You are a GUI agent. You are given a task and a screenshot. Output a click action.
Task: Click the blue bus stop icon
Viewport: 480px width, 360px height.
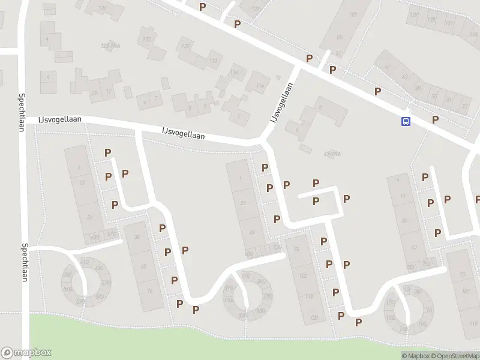click(x=406, y=121)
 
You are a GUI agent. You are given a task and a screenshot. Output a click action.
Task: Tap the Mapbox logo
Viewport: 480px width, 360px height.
click(x=26, y=353)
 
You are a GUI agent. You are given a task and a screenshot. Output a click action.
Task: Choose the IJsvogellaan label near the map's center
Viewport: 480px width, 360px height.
click(x=183, y=133)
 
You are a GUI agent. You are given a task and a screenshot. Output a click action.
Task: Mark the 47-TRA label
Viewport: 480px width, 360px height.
click(x=332, y=154)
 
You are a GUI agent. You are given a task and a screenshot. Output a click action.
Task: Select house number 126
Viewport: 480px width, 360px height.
click(x=103, y=8)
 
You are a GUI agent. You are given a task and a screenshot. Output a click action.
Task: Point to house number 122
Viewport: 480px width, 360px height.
click(x=145, y=39)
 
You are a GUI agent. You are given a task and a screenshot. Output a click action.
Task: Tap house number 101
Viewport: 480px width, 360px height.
click(x=340, y=37)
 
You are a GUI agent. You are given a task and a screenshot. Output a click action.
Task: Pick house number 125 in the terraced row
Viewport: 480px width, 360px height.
click(x=431, y=19)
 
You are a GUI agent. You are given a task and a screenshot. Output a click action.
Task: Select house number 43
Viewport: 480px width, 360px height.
click(x=404, y=76)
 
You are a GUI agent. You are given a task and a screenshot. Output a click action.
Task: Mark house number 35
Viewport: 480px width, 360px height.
click(x=434, y=96)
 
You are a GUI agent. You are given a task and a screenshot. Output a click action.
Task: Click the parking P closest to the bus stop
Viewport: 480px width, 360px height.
click(x=435, y=119)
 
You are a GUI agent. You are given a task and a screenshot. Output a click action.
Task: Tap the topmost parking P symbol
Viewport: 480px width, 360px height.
click(x=203, y=6)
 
